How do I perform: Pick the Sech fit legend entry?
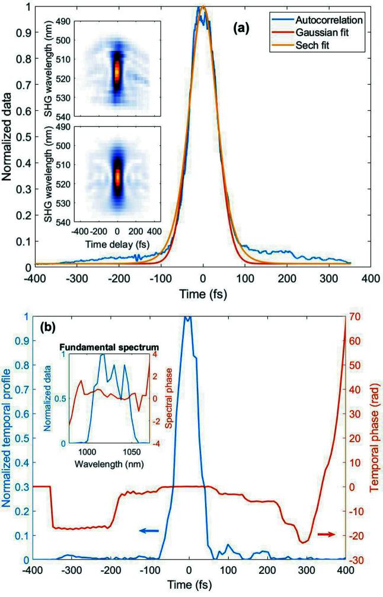[326, 41]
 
